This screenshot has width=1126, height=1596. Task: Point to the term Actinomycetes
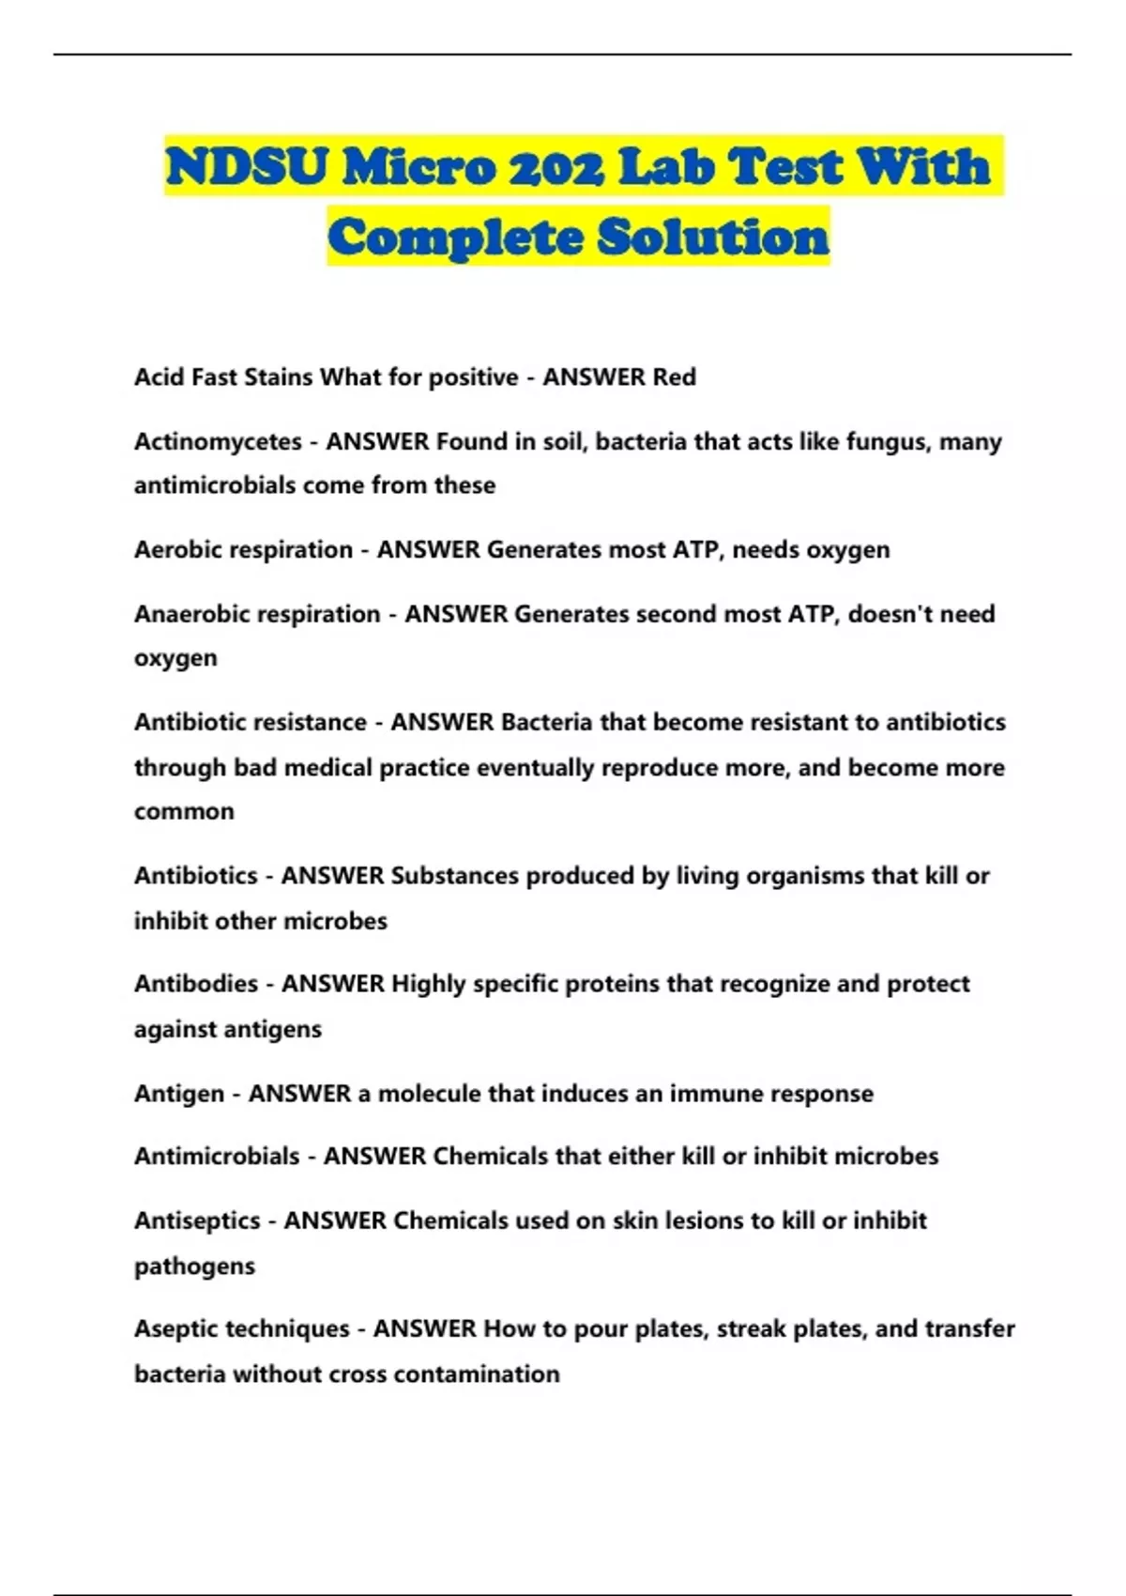pyautogui.click(x=218, y=441)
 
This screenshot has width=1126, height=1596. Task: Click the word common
pyautogui.click(x=184, y=811)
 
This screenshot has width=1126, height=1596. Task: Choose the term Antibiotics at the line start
pyautogui.click(x=195, y=876)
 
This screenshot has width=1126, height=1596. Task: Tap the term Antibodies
pyautogui.click(x=195, y=984)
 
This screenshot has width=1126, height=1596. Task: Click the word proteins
pyautogui.click(x=611, y=984)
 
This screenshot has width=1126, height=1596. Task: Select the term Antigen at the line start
pyautogui.click(x=178, y=1094)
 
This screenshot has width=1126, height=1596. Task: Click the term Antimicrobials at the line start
pyautogui.click(x=217, y=1156)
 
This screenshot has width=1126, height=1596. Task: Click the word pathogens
pyautogui.click(x=194, y=1266)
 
